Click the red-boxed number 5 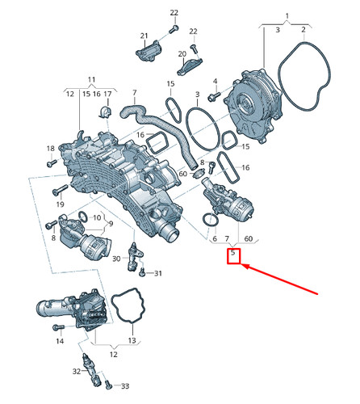(x=233, y=255)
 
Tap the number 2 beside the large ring (x=303, y=30)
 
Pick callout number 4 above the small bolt (x=216, y=82)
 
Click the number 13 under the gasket (x=131, y=340)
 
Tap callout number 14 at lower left (x=59, y=342)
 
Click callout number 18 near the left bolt (x=50, y=148)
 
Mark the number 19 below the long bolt (x=59, y=205)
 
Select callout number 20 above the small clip (x=182, y=53)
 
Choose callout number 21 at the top (x=144, y=36)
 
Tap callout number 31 (x=158, y=273)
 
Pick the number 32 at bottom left (x=77, y=371)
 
